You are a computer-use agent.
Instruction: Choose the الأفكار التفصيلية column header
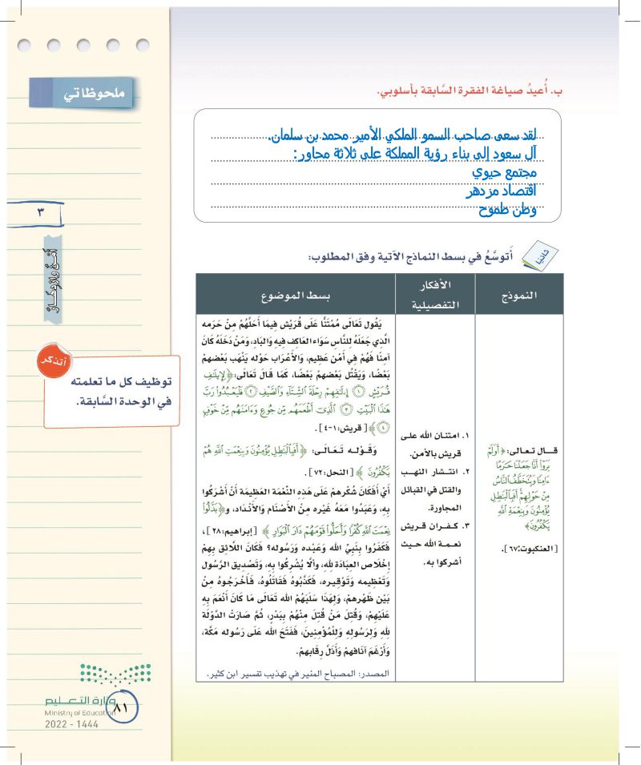click(433, 294)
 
